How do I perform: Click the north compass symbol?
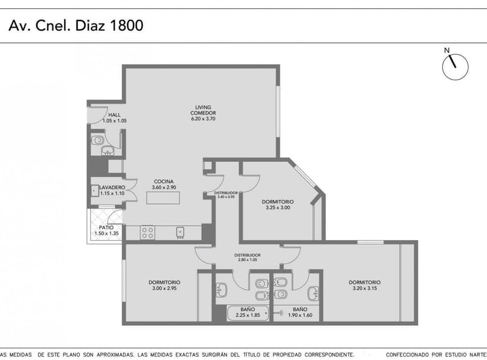pos(456,66)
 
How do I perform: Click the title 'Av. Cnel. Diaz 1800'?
pos(76,26)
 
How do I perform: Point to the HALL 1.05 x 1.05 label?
pos(114,118)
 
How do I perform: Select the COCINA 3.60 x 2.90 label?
pos(164,184)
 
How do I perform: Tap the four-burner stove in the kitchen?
pos(148,232)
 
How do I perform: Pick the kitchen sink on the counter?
pos(181,232)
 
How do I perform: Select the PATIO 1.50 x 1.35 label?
pos(106,230)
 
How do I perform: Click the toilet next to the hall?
pos(98,141)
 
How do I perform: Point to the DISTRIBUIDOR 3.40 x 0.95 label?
pos(225,195)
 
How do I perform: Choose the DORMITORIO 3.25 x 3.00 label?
pos(278,204)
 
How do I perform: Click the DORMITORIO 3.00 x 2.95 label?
pos(164,285)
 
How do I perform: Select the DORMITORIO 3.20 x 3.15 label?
pos(364,285)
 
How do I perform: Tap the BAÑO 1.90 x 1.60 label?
pos(299,312)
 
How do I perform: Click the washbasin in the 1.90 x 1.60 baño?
pos(314,291)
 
